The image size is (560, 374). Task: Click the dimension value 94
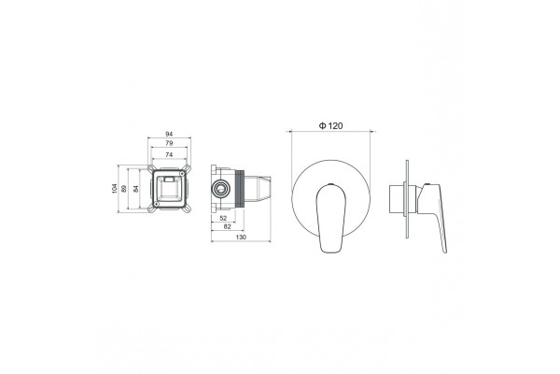tap(169, 134)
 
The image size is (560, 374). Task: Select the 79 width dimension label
tap(169, 143)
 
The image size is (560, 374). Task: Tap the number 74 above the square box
tap(169, 154)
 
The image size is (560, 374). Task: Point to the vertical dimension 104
tap(114, 189)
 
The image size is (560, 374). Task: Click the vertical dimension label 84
tap(135, 189)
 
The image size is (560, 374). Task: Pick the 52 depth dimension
tap(223, 218)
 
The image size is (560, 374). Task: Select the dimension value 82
tap(227, 226)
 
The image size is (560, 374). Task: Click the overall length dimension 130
tap(242, 237)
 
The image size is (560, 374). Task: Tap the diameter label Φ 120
tap(330, 125)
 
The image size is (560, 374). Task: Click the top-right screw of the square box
tap(183, 174)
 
